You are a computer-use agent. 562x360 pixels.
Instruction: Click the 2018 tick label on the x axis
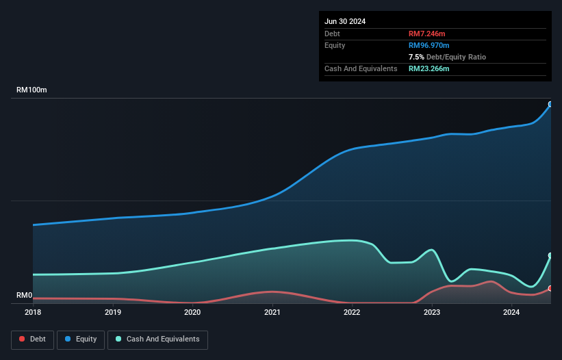click(33, 313)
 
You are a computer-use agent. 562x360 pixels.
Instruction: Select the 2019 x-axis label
click(113, 313)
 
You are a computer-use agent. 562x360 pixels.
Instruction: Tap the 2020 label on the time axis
click(192, 313)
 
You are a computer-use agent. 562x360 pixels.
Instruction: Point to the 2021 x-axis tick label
click(272, 313)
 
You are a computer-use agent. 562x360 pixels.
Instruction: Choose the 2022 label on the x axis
click(352, 313)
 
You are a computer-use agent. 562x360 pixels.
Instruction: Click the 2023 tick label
click(432, 313)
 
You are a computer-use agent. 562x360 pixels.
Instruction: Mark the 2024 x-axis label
click(511, 313)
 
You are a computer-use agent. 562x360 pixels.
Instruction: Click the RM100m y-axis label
click(31, 90)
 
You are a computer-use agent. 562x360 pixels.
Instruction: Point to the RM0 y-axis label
click(25, 296)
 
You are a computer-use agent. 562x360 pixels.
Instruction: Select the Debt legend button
click(32, 339)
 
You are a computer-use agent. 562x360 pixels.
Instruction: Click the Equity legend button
click(81, 339)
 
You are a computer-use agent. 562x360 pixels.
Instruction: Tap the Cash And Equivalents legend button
click(157, 339)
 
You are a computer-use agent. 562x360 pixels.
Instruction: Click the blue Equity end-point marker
click(550, 105)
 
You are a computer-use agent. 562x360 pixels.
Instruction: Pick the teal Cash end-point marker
click(550, 256)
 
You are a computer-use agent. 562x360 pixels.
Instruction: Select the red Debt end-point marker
click(550, 289)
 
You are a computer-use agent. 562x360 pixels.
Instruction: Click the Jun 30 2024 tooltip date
click(345, 21)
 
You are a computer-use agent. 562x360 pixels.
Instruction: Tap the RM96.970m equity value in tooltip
click(429, 45)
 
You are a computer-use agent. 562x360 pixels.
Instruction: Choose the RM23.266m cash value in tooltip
click(429, 68)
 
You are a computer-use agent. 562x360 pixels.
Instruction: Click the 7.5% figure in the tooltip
click(416, 57)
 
